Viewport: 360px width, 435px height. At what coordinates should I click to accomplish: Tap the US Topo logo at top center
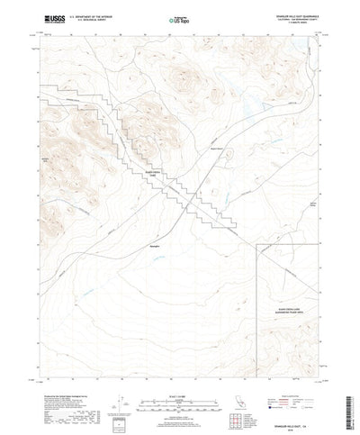click(178, 18)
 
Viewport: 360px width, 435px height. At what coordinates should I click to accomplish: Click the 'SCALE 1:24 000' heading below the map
click(180, 386)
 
